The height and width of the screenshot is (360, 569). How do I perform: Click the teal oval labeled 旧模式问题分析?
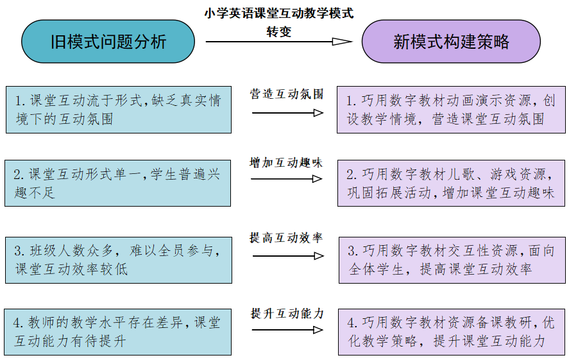(x=108, y=41)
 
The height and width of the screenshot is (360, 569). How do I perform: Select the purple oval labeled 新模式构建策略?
(x=451, y=41)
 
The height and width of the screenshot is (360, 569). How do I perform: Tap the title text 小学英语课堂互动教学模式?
(x=278, y=13)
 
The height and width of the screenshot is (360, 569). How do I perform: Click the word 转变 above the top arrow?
(x=278, y=31)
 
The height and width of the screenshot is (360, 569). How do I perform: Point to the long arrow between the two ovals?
(x=278, y=41)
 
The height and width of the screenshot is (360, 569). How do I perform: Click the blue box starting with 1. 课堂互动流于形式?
(x=119, y=110)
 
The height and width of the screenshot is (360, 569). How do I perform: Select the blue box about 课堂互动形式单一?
(x=117, y=184)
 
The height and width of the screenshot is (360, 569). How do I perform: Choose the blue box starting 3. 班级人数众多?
(x=119, y=260)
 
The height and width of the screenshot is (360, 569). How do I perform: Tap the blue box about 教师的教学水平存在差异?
(x=117, y=332)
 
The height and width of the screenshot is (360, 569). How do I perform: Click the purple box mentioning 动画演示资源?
(x=451, y=110)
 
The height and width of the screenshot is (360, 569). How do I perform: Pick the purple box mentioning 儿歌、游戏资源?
(x=451, y=184)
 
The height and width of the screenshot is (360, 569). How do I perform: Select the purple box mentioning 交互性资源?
(x=452, y=260)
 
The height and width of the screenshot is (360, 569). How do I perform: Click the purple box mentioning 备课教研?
(x=452, y=332)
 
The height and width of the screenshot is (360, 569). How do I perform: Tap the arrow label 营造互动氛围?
(x=286, y=94)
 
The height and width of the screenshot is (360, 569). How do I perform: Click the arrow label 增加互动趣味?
(x=286, y=162)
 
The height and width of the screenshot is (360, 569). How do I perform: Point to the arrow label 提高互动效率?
(x=286, y=237)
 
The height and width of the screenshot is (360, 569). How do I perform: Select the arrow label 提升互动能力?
(x=287, y=313)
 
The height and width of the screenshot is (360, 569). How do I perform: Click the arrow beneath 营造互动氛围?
(x=287, y=113)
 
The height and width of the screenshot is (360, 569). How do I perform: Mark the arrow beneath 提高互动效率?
(x=288, y=256)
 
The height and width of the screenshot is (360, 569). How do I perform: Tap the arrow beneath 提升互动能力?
(x=287, y=330)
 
